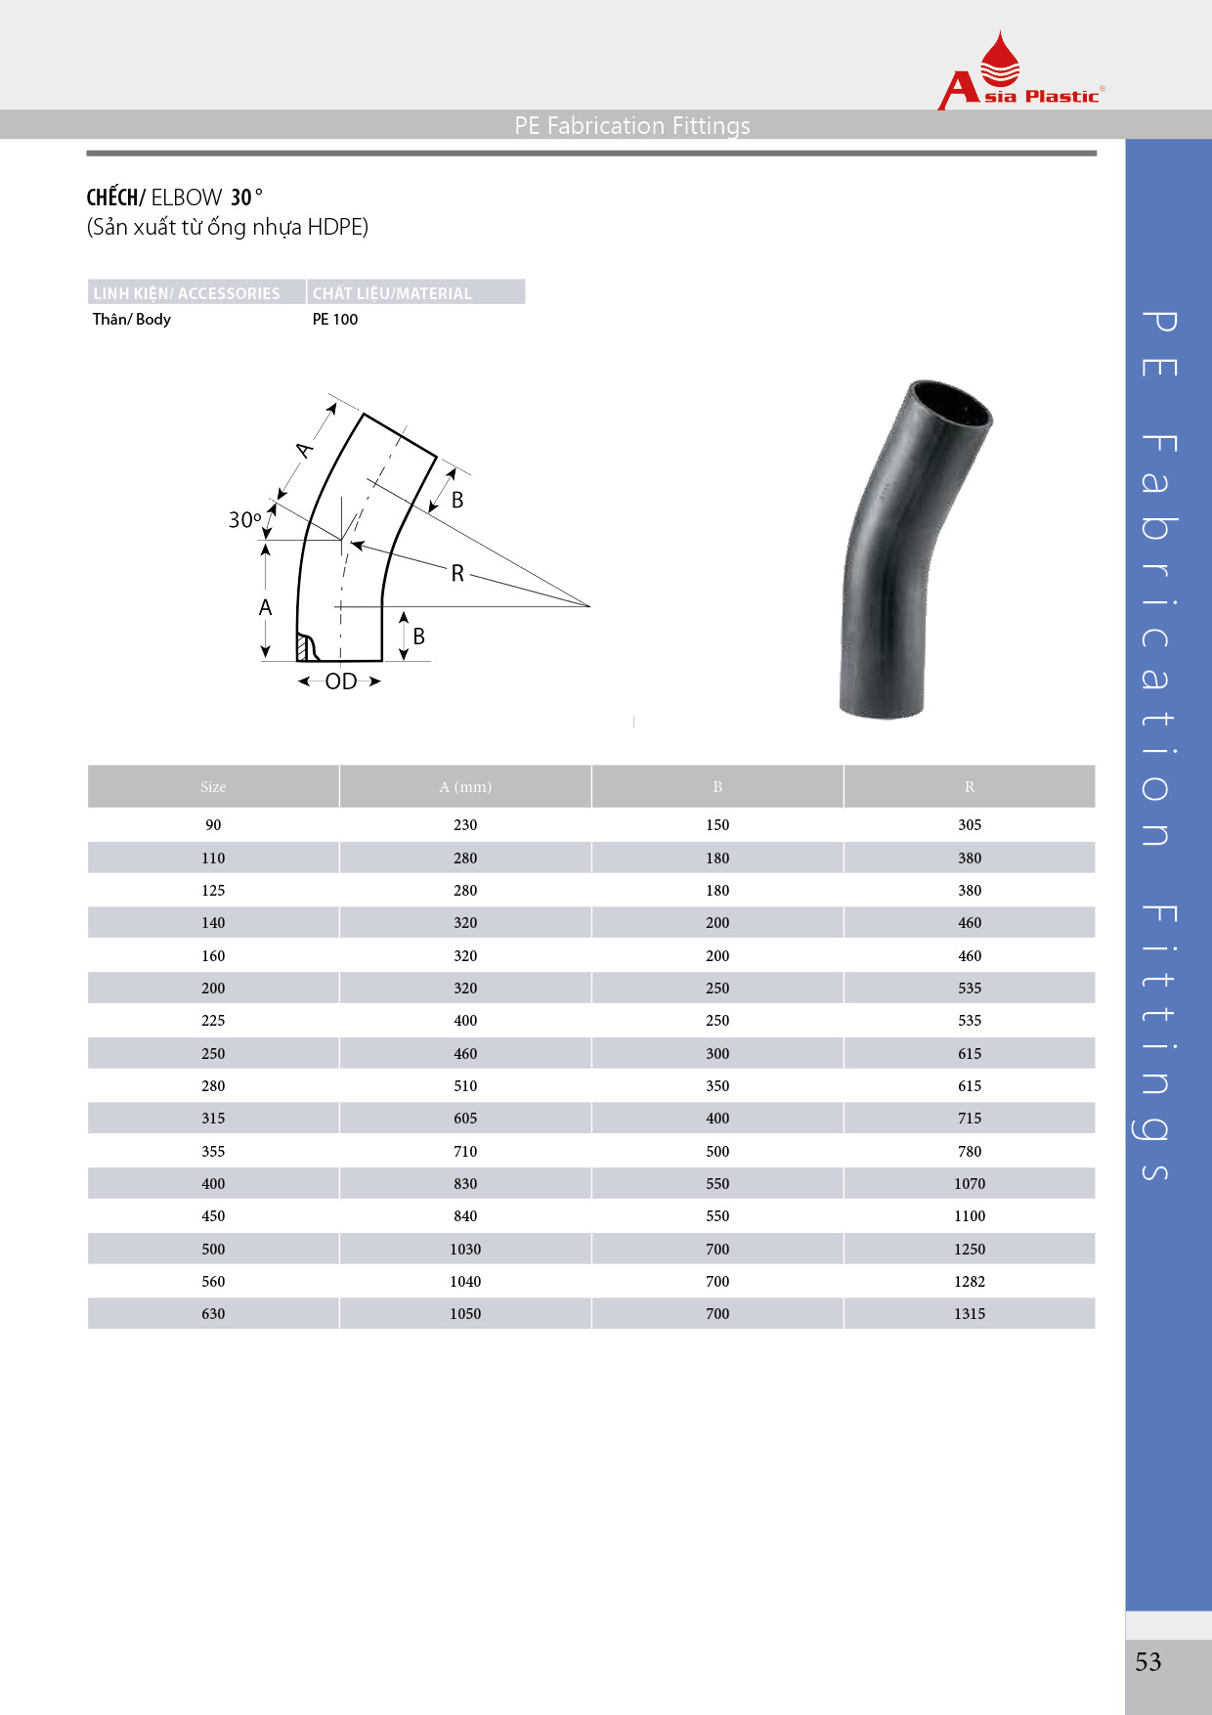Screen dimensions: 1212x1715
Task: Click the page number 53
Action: [1148, 1661]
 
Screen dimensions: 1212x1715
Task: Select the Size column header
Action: [213, 787]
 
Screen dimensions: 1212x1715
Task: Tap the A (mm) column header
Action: [465, 787]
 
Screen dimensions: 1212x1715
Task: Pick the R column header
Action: [970, 787]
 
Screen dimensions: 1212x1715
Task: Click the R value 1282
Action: [970, 1281]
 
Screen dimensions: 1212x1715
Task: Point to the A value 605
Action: [465, 1118]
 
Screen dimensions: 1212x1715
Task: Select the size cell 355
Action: [213, 1151]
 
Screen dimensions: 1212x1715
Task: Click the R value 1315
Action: [970, 1313]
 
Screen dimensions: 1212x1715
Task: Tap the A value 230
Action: [465, 824]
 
